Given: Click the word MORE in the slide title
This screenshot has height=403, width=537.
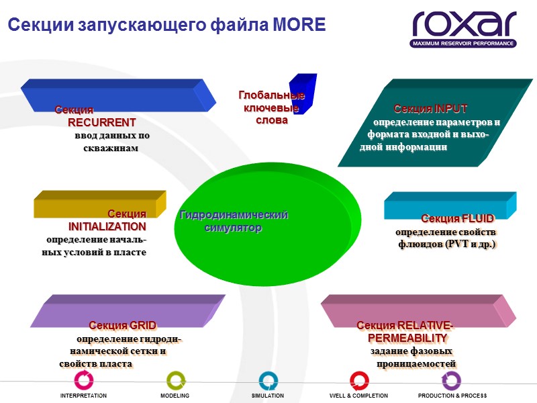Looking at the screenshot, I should tap(299, 26).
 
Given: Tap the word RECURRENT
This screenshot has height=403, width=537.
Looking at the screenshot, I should tap(102, 122).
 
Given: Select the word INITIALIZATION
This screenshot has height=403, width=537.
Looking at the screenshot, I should tap(107, 226).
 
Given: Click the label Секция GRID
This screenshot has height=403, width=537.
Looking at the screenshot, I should tap(123, 325).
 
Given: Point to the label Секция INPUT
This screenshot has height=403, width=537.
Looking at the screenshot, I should tap(430, 109).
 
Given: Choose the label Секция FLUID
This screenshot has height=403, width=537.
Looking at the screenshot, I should tap(457, 218).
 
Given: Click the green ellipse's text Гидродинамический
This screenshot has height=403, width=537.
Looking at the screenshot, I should tap(234, 215).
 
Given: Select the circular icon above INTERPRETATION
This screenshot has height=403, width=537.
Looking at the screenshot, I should tap(84, 380).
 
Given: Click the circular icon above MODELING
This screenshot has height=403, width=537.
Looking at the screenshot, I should tap(175, 380).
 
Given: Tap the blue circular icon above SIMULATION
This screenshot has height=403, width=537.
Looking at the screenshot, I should tap(268, 380).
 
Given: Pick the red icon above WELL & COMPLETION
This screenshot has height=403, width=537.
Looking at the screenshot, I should tap(359, 380).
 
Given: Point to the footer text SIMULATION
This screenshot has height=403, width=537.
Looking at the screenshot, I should tap(268, 396).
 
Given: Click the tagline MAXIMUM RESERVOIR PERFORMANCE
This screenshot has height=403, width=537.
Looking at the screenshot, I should tap(463, 43).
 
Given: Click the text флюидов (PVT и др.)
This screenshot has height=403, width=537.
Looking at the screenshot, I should tap(446, 244).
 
